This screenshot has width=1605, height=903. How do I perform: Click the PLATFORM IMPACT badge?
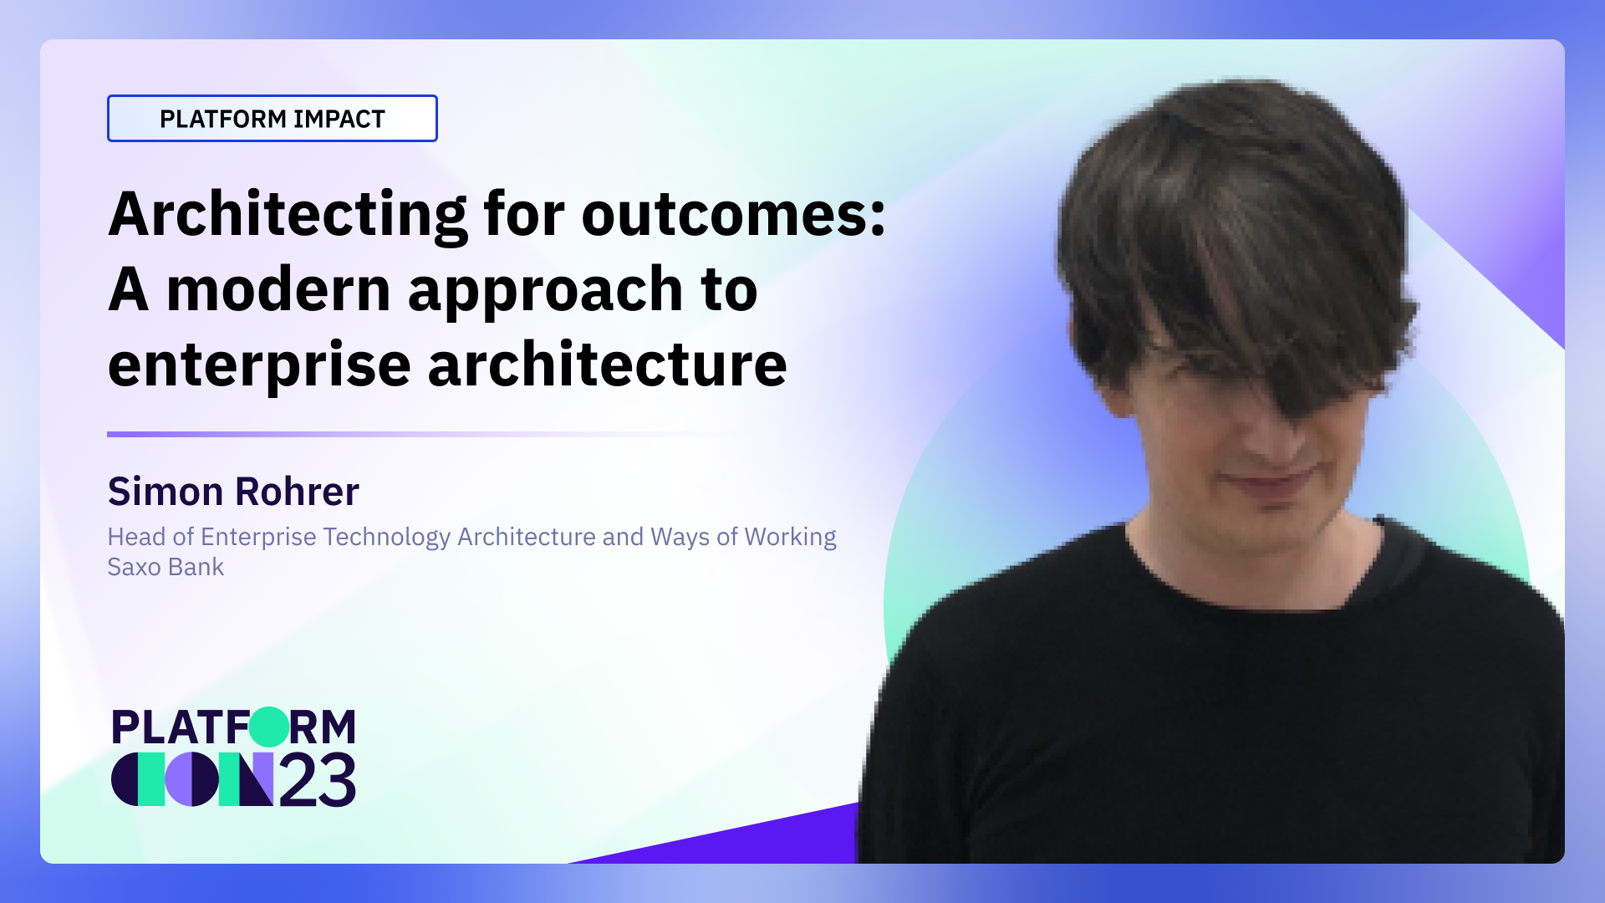[x=272, y=119]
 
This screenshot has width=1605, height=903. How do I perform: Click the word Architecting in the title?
[x=288, y=215]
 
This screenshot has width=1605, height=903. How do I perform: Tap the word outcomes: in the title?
[x=733, y=215]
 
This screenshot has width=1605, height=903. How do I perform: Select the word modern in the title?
[x=278, y=290]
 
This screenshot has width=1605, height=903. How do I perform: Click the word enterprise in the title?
[x=259, y=365]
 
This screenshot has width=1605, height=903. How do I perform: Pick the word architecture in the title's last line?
[x=607, y=365]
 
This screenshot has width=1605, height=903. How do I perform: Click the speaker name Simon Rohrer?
[x=233, y=492]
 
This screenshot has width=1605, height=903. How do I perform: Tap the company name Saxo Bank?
[x=166, y=567]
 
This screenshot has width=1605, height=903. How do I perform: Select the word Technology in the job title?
[x=386, y=537]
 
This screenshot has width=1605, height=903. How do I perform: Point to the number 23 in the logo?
[x=317, y=781]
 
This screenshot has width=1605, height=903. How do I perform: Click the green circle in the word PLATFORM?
[x=268, y=727]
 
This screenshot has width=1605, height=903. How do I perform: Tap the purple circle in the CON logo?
[x=191, y=779]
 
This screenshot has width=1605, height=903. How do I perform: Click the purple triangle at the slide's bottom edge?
[x=752, y=840]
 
